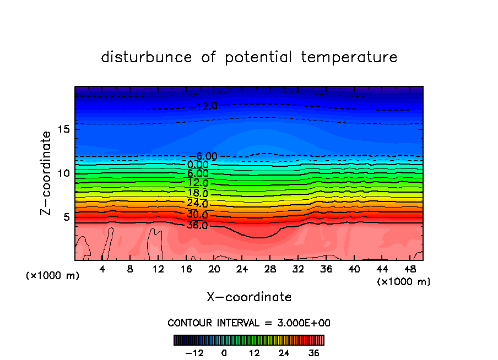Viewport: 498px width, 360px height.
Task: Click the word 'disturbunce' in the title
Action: [147, 57]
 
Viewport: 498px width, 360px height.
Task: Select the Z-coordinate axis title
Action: [47, 173]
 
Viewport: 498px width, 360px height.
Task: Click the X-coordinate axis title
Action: [249, 297]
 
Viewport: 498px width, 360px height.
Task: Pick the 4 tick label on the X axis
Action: [102, 269]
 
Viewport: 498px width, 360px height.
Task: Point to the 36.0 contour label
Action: [197, 225]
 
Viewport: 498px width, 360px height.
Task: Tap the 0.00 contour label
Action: [198, 165]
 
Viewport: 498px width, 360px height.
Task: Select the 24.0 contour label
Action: [197, 204]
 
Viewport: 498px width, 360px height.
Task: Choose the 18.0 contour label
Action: [197, 193]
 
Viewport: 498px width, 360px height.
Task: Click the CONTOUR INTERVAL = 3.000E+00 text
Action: [249, 323]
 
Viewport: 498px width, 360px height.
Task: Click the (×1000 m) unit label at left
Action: [53, 276]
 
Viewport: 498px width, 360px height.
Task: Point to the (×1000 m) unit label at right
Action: [404, 281]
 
